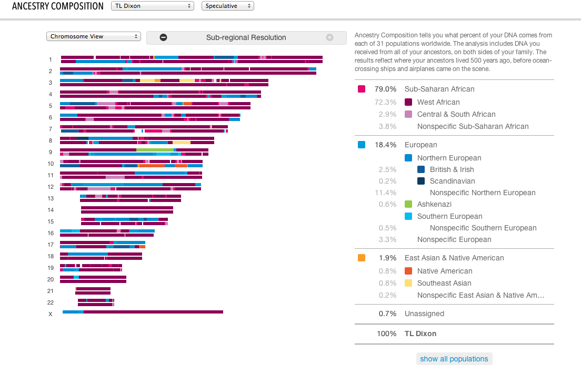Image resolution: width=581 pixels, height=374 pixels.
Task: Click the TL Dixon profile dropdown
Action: pyautogui.click(x=152, y=6)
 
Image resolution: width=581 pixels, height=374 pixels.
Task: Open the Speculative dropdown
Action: pyautogui.click(x=227, y=6)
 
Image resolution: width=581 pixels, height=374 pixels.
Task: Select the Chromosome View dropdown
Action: pyautogui.click(x=94, y=36)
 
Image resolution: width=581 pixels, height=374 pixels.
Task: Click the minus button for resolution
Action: pyautogui.click(x=163, y=37)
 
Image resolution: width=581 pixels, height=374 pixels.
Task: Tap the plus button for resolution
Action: pyautogui.click(x=330, y=37)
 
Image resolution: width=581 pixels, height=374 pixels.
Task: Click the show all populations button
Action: pyautogui.click(x=454, y=359)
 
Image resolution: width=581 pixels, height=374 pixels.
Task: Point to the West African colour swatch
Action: pyautogui.click(x=408, y=102)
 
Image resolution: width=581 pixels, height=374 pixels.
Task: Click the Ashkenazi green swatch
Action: pyautogui.click(x=408, y=204)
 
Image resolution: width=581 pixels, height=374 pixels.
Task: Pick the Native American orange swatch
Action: pyautogui.click(x=408, y=271)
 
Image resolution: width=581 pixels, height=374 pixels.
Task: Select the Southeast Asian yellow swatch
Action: pyautogui.click(x=408, y=283)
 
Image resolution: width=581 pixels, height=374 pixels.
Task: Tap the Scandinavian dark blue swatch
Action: pyautogui.click(x=421, y=181)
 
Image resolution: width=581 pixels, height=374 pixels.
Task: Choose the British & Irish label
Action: pyautogui.click(x=452, y=169)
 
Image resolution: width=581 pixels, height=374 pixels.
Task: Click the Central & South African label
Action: pyautogui.click(x=456, y=114)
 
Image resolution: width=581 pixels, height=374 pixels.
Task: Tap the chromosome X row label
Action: pyautogui.click(x=51, y=314)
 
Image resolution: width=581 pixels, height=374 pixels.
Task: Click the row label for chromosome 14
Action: pyautogui.click(x=51, y=210)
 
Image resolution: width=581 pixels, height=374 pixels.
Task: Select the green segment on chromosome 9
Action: pyautogui.click(x=155, y=150)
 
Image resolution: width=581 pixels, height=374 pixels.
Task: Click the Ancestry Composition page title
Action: pyautogui.click(x=58, y=6)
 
